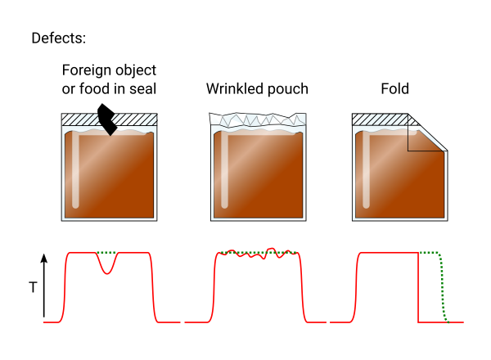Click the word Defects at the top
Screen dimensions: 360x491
tap(58, 38)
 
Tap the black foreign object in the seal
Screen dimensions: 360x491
tap(106, 119)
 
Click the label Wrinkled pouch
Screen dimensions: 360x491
tap(257, 88)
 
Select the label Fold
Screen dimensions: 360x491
tap(394, 88)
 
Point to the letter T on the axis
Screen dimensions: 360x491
tap(33, 287)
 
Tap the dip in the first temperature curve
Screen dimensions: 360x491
tap(107, 269)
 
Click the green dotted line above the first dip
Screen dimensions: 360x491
tap(107, 253)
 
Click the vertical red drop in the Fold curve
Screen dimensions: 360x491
tap(419, 286)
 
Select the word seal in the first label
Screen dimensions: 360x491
tap(138, 88)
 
